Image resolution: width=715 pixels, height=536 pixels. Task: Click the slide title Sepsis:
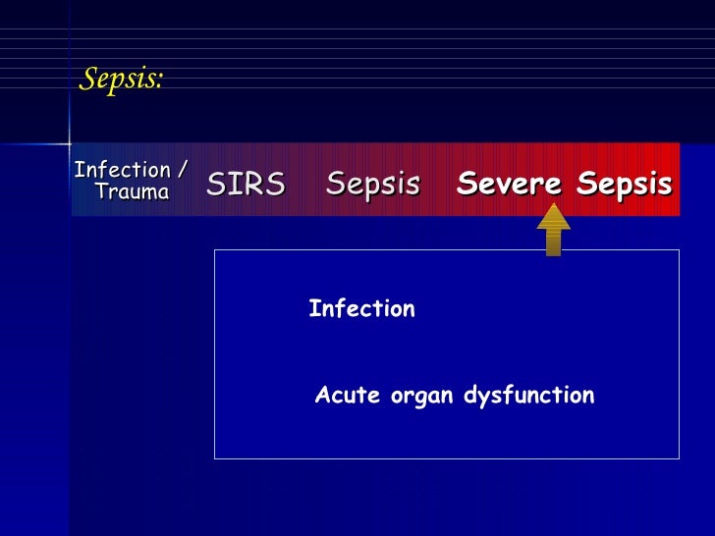point(120,80)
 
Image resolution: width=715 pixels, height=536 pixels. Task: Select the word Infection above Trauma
point(123,170)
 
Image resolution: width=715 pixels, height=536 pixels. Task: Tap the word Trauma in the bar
point(132,191)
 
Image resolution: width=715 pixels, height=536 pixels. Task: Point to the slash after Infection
point(183,170)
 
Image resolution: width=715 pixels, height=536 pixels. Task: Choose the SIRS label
point(246,184)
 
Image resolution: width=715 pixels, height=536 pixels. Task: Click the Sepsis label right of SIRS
point(373,184)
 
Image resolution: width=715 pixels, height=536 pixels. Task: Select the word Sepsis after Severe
point(625,184)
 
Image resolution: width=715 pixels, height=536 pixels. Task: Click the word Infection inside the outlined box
point(361,309)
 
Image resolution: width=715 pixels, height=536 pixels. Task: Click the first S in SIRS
point(215,184)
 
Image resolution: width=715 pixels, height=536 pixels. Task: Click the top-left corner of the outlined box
point(215,250)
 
